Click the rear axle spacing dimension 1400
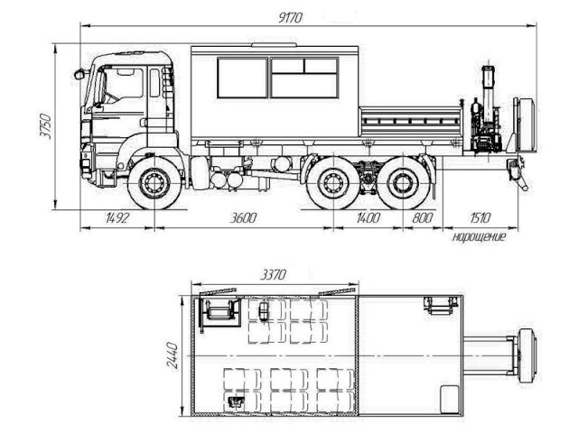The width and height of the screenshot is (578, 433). (x=368, y=217)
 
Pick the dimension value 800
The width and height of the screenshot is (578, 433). (x=422, y=217)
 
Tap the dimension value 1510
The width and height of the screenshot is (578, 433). (x=480, y=217)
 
